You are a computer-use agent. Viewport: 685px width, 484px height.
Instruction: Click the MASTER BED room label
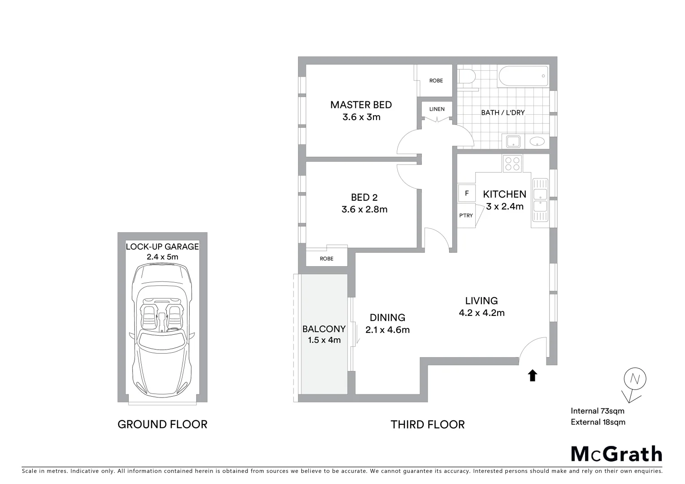click(361, 105)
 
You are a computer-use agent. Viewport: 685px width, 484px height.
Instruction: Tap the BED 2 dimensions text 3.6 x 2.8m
click(364, 209)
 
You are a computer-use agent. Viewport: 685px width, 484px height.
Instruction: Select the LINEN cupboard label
click(437, 109)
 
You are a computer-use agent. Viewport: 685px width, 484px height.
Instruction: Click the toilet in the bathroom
click(466, 77)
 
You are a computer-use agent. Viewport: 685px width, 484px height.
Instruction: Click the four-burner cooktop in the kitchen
click(512, 163)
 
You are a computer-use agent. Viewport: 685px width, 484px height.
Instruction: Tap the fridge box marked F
click(467, 194)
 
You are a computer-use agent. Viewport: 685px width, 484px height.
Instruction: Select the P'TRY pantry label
click(466, 216)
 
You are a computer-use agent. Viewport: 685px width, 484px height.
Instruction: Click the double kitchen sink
click(540, 200)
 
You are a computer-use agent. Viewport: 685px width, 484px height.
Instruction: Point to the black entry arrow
click(532, 376)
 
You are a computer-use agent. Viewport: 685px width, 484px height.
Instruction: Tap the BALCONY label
click(324, 329)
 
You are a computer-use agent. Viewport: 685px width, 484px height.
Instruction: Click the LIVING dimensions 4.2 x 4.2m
click(481, 313)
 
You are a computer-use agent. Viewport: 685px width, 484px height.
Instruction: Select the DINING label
click(387, 318)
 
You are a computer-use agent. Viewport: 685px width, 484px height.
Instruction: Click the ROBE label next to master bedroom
click(436, 81)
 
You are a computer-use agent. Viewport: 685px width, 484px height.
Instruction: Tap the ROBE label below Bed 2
click(326, 259)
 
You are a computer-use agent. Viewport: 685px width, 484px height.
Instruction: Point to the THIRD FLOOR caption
click(427, 424)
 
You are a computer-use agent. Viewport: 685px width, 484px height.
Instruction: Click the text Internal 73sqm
click(597, 411)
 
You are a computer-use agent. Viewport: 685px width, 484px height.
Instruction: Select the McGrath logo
click(616, 454)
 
